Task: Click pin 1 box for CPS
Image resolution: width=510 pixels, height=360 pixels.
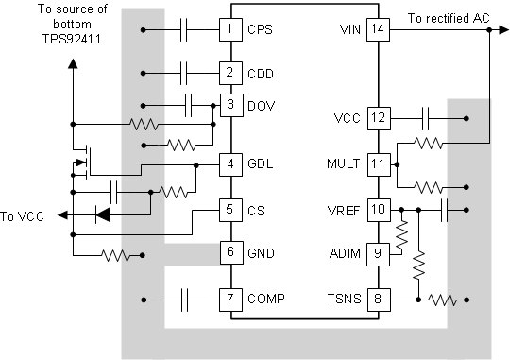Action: (229, 29)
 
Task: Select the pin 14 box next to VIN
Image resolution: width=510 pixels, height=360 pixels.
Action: (378, 29)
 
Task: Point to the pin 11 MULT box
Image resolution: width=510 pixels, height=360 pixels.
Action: (378, 163)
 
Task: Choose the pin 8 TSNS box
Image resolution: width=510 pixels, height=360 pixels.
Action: (378, 300)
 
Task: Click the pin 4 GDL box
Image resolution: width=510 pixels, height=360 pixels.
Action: (229, 163)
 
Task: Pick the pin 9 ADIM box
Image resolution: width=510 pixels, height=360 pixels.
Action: (378, 252)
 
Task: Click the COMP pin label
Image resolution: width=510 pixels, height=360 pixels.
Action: (265, 300)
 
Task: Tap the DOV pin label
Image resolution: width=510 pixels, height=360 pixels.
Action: (261, 104)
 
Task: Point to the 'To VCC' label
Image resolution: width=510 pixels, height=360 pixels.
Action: (23, 214)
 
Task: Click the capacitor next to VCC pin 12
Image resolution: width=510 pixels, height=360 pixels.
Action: (426, 118)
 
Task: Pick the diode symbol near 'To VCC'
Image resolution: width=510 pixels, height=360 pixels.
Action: (102, 214)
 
